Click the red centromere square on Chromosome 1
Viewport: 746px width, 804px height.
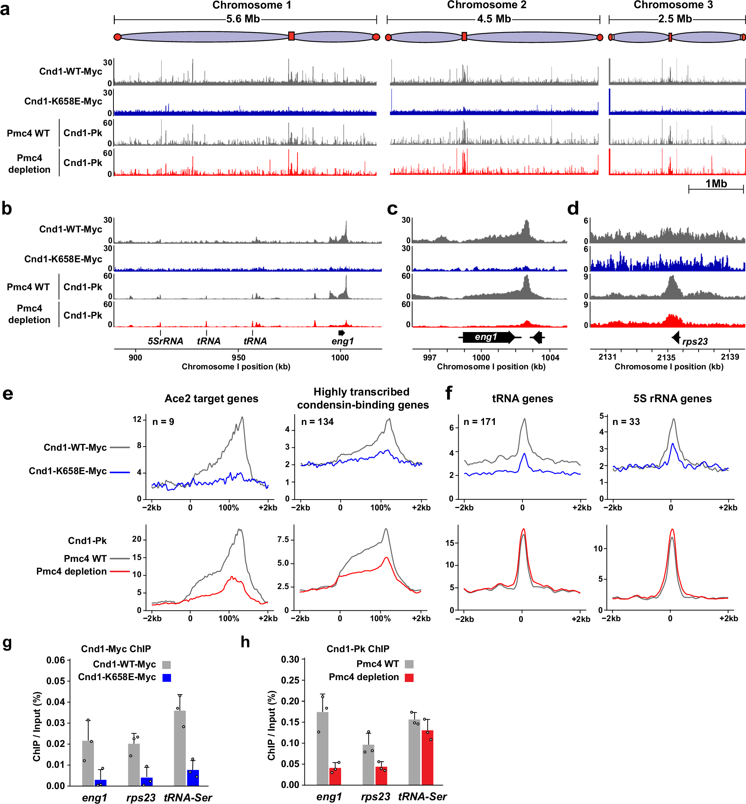pos(291,36)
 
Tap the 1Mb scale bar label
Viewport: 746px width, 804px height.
pos(716,184)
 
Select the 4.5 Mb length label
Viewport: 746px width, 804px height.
pos(493,19)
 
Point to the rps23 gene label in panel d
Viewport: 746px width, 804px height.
pos(695,341)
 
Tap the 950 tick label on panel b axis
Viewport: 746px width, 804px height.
pos(238,357)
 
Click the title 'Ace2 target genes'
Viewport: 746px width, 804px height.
pos(211,398)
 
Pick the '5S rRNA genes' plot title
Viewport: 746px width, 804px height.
pos(672,398)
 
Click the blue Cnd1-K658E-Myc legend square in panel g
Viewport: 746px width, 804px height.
pos(167,678)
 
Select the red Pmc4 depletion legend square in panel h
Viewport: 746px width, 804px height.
pos(409,677)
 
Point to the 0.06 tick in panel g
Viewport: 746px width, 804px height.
pos(55,660)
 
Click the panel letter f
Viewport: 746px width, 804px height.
pos(449,392)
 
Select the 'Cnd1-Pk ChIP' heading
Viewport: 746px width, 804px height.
pos(358,649)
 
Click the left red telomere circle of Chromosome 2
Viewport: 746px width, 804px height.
pos(388,38)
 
